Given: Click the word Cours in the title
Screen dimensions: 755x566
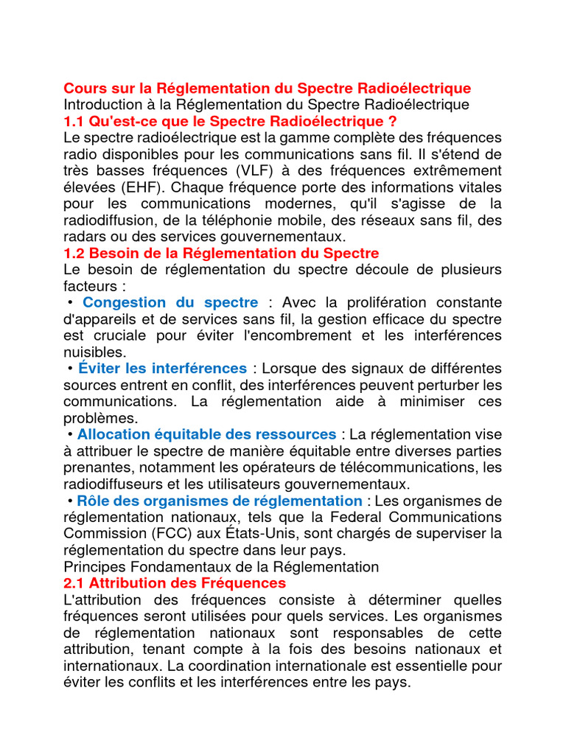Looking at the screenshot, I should click(84, 88).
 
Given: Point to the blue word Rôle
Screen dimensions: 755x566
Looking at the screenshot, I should click(93, 501).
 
